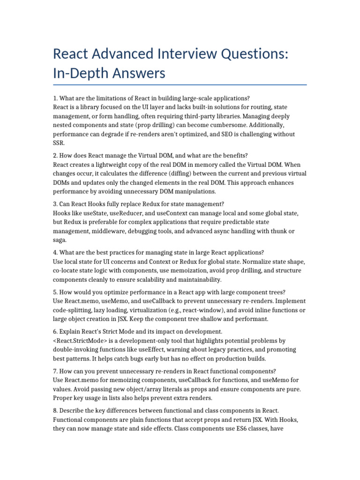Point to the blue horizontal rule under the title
(x=180, y=85)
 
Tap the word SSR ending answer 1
(x=58, y=143)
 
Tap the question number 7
(x=55, y=371)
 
